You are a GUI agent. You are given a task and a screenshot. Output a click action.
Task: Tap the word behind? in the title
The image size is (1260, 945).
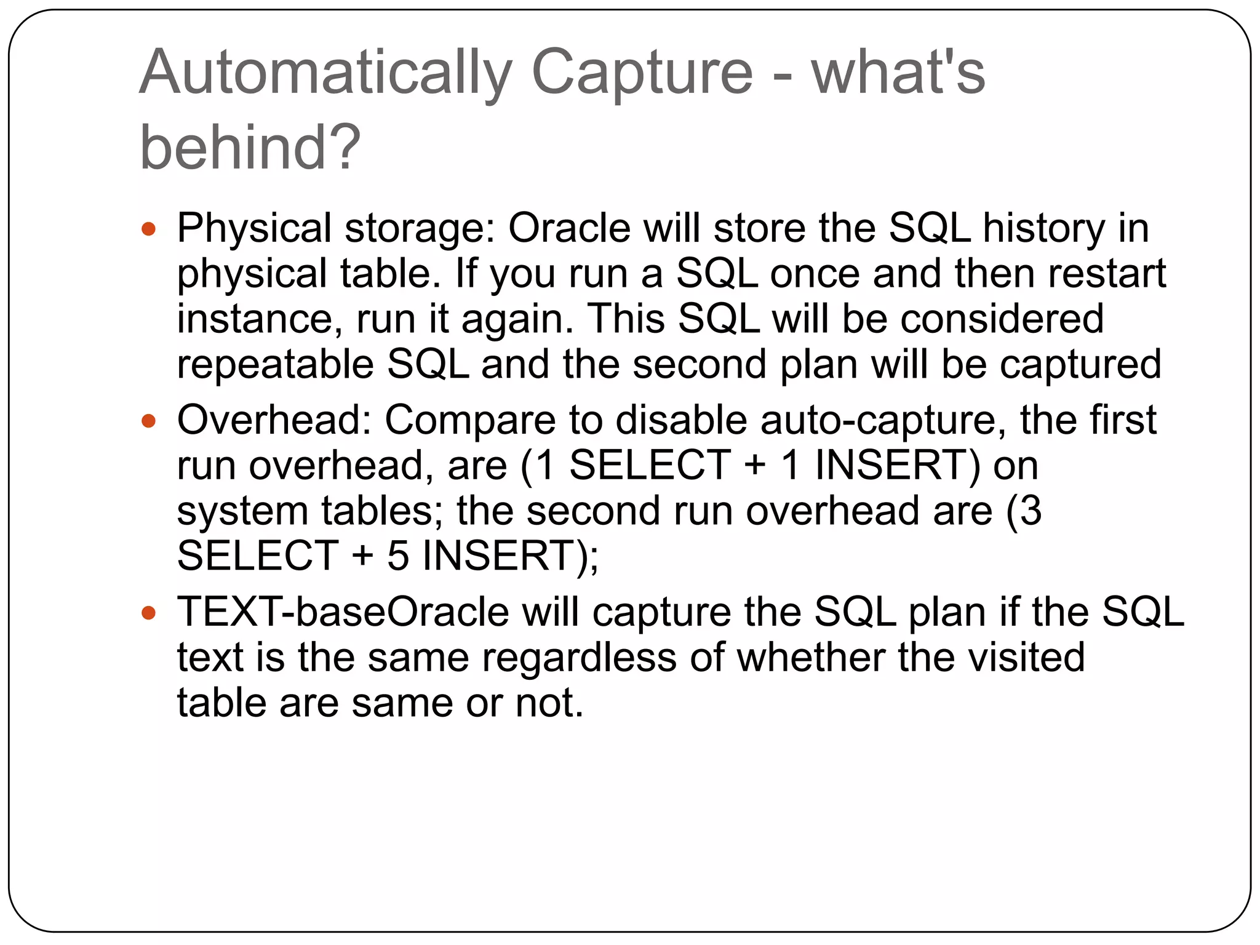click(x=250, y=147)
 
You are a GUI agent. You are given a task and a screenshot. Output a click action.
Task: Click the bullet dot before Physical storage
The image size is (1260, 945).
click(x=148, y=229)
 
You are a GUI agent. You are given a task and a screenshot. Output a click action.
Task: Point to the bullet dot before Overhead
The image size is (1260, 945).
click(x=148, y=421)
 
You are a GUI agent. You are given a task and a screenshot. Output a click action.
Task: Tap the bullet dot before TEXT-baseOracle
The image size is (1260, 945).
click(x=148, y=613)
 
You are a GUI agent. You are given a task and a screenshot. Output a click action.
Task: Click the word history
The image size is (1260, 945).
click(x=1043, y=229)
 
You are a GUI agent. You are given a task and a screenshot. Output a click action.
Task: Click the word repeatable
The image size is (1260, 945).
click(x=275, y=364)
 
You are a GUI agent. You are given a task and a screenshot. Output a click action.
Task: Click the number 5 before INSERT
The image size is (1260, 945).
click(x=397, y=556)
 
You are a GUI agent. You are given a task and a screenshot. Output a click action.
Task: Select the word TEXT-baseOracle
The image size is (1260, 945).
click(x=343, y=612)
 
